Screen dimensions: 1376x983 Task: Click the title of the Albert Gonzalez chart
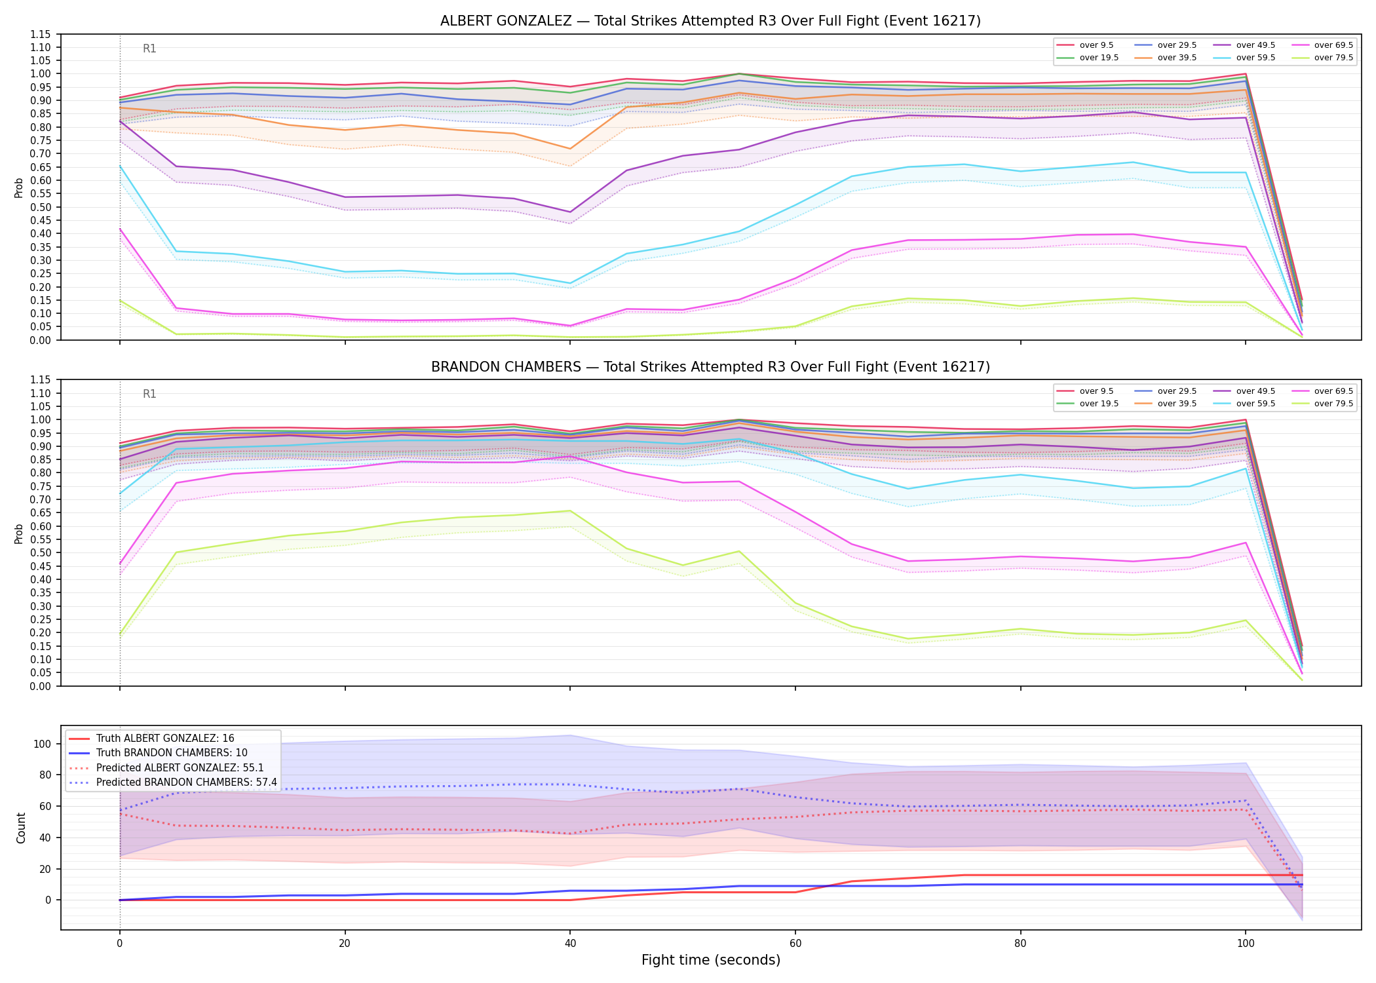[x=710, y=21]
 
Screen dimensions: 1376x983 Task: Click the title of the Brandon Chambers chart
[x=710, y=367]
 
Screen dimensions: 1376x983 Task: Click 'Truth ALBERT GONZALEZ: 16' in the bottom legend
[x=151, y=739]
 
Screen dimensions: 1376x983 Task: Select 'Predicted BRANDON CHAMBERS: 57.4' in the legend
[x=172, y=782]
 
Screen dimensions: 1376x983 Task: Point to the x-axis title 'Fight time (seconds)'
[x=711, y=960]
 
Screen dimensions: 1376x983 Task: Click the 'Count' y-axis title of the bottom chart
[x=21, y=828]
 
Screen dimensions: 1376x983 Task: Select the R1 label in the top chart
[x=149, y=48]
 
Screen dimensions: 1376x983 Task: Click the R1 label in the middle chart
[x=149, y=394]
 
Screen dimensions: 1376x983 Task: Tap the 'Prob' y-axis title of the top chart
[x=19, y=187]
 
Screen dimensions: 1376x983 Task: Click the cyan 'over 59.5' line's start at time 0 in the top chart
[x=120, y=166]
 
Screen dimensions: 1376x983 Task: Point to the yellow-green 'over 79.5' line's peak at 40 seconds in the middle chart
[x=570, y=511]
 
